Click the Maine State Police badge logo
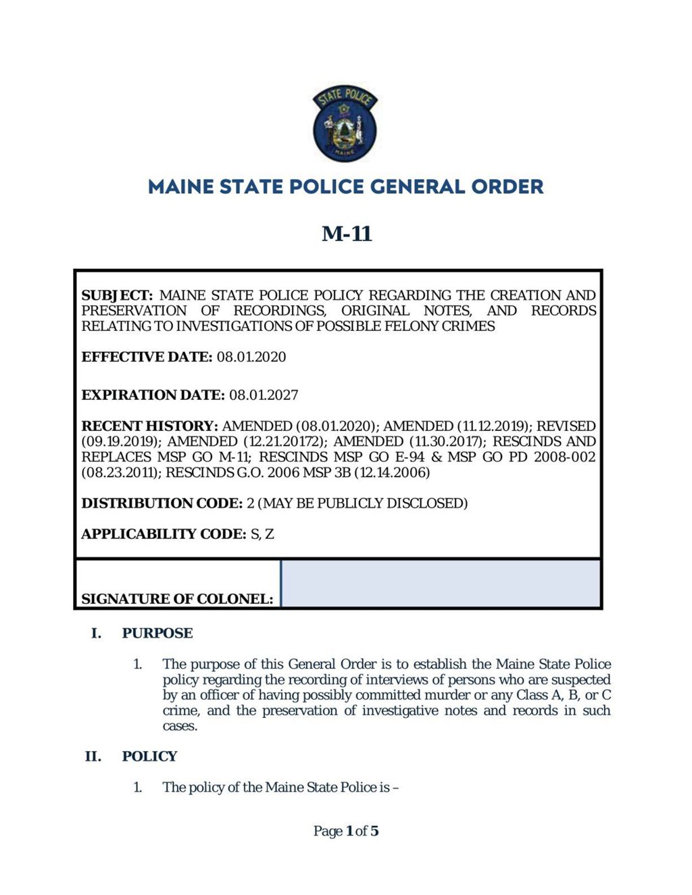345,124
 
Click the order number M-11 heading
347,234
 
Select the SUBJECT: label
118,295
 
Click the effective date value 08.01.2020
251,357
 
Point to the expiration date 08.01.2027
264,394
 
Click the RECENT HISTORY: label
149,426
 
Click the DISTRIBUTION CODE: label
162,503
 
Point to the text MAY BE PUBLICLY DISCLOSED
363,503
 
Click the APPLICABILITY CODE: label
164,534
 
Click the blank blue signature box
440,583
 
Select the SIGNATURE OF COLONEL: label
177,598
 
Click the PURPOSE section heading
157,633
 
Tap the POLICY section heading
149,756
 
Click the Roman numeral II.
93,756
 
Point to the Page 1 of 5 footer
346,831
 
